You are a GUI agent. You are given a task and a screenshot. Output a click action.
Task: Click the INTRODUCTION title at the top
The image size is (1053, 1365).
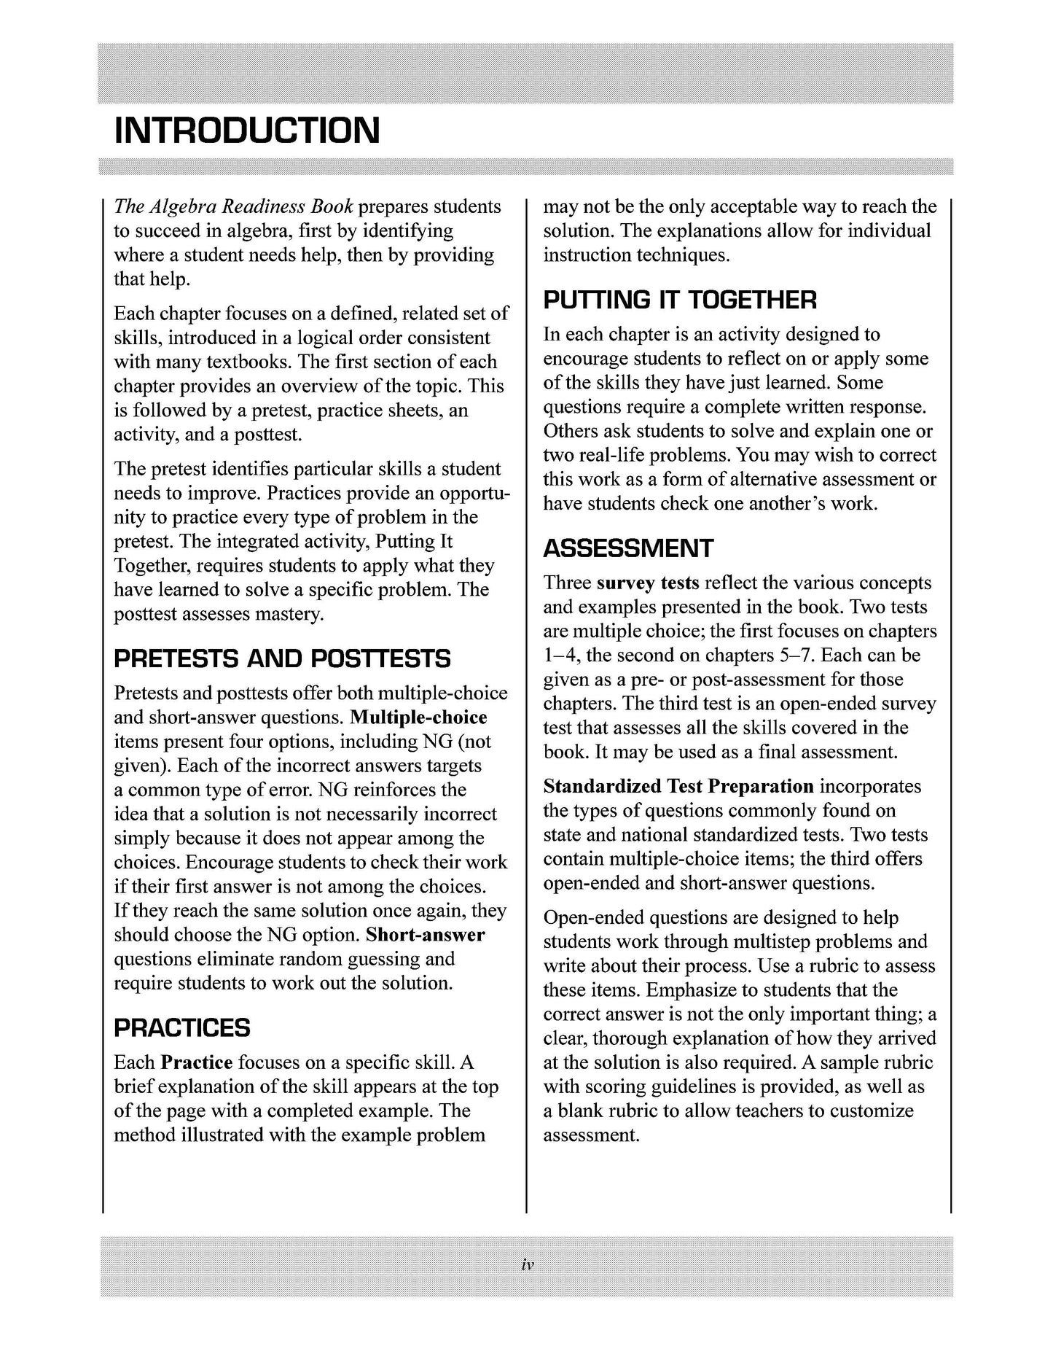click(x=247, y=131)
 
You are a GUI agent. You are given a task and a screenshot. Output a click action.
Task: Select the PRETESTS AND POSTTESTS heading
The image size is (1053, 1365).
click(x=283, y=659)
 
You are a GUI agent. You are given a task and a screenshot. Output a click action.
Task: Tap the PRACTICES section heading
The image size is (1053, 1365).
click(x=182, y=1028)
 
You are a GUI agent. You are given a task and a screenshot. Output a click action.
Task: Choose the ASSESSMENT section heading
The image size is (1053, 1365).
click(x=628, y=549)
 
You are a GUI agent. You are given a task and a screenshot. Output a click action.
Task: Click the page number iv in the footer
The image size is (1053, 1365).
click(x=528, y=1267)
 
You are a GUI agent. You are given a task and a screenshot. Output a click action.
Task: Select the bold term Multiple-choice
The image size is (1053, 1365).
click(x=418, y=717)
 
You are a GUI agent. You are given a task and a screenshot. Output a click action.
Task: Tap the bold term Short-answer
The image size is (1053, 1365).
click(x=425, y=935)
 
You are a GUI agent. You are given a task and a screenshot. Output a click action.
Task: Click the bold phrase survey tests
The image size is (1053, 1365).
click(x=647, y=583)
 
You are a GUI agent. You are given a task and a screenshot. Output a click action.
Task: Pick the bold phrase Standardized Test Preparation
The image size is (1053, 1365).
click(x=678, y=787)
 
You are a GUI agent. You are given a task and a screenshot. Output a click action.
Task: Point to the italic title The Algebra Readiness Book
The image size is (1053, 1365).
click(x=233, y=207)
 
